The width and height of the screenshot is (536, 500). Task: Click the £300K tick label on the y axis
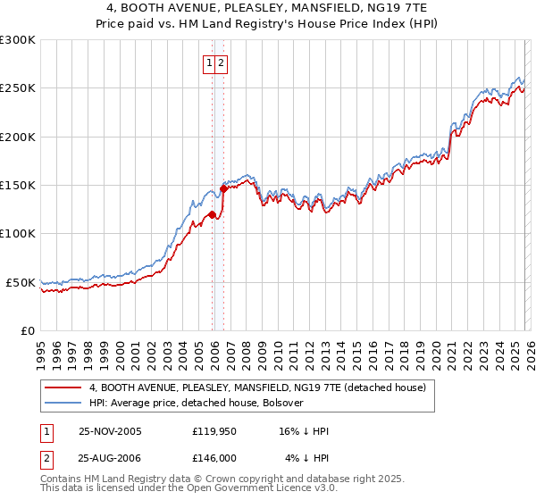(18, 40)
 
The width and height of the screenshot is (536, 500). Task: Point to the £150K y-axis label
(18, 186)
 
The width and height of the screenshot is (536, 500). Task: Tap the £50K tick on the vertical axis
(21, 282)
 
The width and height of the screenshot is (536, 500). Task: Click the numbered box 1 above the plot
(209, 62)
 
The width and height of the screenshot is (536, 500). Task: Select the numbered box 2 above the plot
(221, 62)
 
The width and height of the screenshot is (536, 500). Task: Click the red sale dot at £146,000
(223, 188)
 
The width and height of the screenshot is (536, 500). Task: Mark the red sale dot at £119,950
(212, 214)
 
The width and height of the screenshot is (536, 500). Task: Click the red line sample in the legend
(64, 388)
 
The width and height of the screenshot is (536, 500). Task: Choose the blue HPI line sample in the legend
(64, 403)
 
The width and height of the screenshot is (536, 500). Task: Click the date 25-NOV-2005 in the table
(110, 431)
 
